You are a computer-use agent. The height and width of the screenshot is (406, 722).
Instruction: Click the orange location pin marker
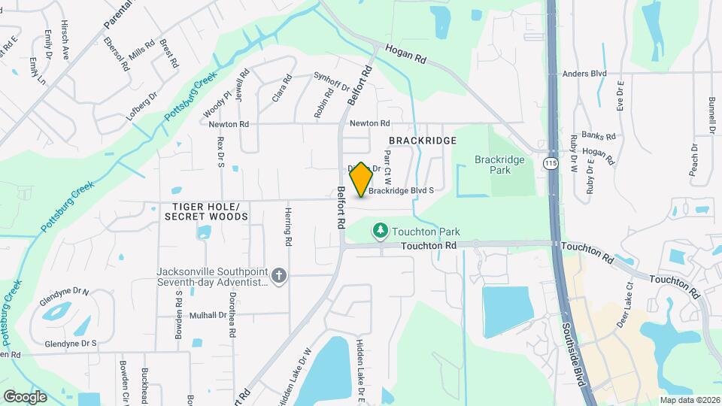[x=361, y=180]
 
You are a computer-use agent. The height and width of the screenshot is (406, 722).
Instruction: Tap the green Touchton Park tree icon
[x=381, y=230]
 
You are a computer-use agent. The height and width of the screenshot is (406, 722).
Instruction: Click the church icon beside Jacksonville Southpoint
[x=279, y=276]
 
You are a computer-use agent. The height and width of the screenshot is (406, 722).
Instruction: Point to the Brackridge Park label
[x=493, y=165]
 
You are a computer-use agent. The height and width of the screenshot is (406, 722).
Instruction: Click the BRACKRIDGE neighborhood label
[x=423, y=141]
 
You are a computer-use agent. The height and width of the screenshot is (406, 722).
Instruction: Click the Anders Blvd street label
[x=584, y=74]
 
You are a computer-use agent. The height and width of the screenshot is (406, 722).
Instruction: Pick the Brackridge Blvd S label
[x=402, y=191]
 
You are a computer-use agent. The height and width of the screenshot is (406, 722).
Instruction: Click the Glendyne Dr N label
[x=65, y=292]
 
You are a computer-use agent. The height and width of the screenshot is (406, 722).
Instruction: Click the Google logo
[x=25, y=396]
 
